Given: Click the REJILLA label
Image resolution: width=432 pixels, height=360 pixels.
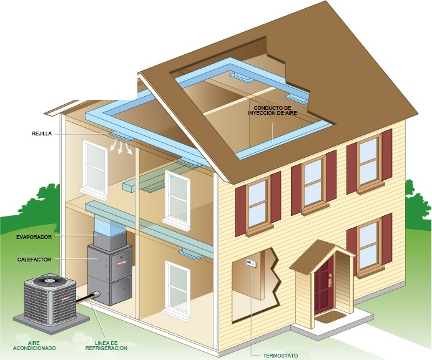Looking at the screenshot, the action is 42,134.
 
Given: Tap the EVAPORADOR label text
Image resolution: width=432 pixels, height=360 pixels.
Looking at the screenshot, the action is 34,237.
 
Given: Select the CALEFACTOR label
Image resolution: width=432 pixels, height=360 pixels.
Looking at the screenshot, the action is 34,260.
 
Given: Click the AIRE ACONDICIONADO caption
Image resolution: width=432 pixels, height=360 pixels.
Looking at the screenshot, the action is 34,346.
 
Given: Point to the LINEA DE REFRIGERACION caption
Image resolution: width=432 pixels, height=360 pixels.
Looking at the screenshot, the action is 106,346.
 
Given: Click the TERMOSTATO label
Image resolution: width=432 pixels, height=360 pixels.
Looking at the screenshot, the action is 280,356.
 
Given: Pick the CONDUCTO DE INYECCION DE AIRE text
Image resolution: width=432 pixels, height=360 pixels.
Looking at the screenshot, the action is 272,110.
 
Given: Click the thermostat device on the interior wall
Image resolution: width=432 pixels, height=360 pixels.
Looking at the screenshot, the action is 251,263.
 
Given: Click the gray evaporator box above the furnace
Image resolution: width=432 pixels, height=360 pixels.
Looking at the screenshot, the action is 109,240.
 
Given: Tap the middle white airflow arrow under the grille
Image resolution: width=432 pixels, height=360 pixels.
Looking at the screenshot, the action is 120,147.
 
